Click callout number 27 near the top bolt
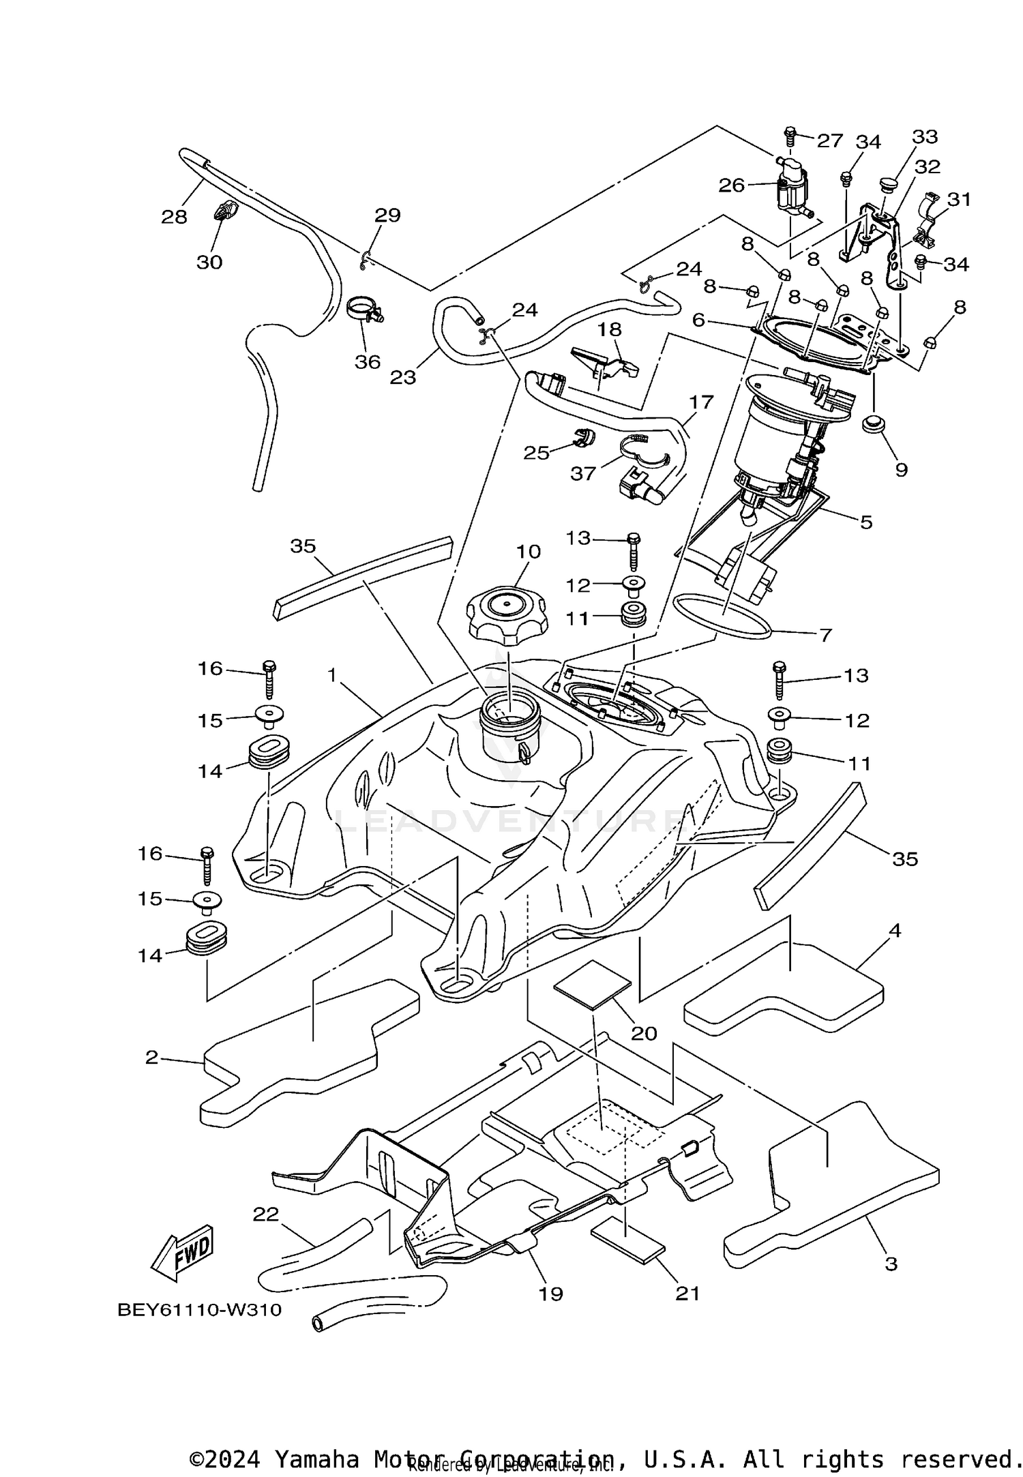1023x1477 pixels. [830, 140]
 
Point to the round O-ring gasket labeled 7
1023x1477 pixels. [722, 616]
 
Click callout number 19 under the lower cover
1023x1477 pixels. [550, 1294]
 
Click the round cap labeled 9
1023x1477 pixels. [874, 424]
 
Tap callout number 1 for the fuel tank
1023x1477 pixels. [332, 676]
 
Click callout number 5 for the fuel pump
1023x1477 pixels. [865, 522]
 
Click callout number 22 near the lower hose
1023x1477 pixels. [266, 1214]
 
